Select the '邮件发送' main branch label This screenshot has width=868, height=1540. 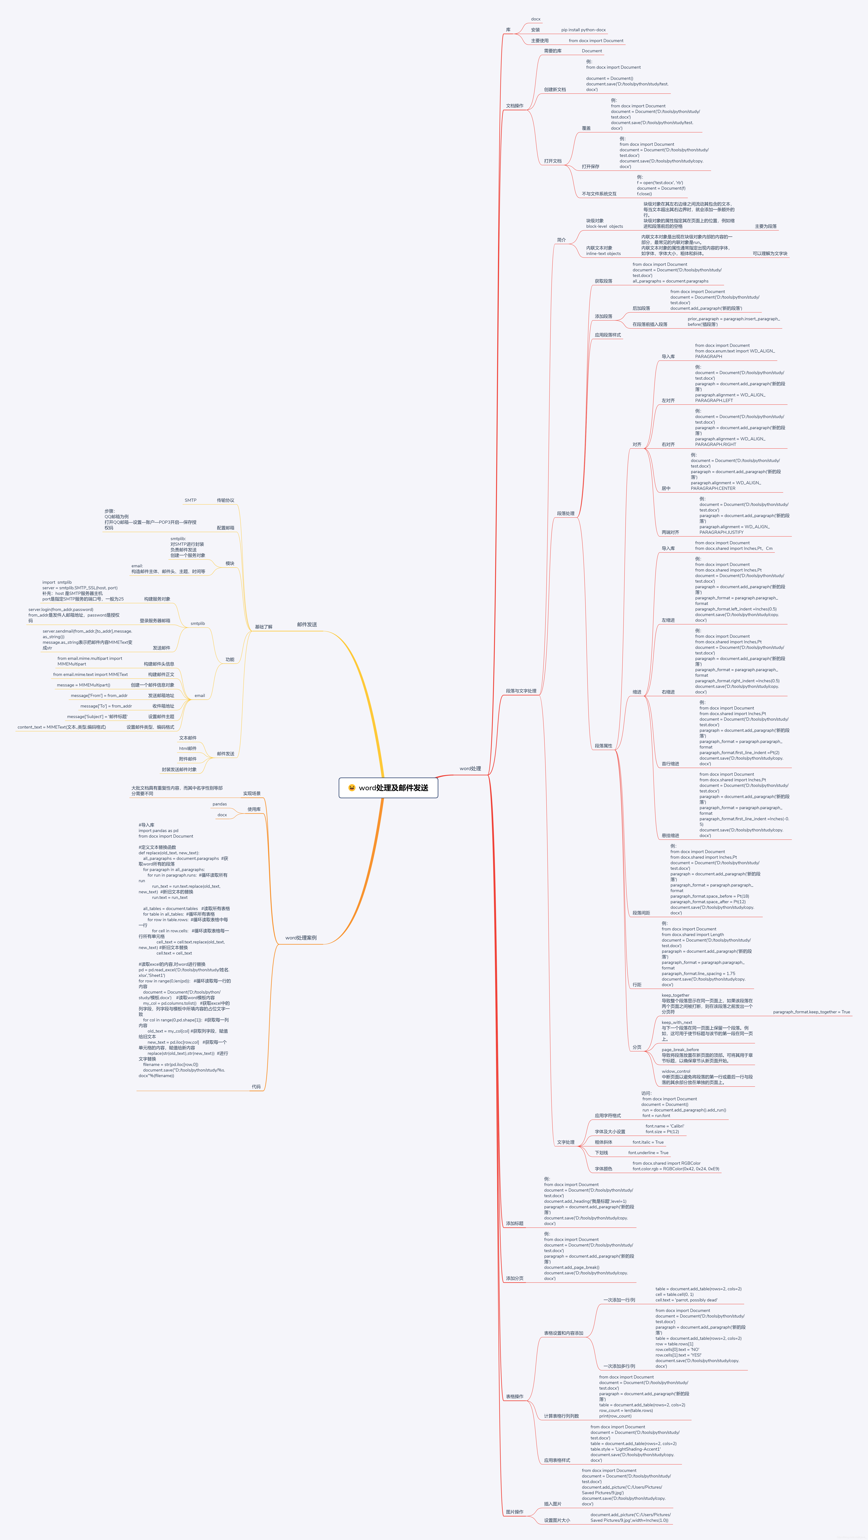click(x=307, y=625)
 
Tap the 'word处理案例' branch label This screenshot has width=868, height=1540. click(x=301, y=938)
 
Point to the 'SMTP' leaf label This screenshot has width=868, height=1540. click(x=190, y=500)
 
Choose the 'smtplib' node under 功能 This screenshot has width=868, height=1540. click(x=197, y=623)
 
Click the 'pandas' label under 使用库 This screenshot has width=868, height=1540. click(x=219, y=804)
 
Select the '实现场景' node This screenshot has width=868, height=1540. click(x=252, y=794)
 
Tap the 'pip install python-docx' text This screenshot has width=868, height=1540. click(x=583, y=30)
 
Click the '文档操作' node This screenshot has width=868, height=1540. click(x=514, y=106)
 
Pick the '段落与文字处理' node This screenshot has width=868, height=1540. click(x=521, y=691)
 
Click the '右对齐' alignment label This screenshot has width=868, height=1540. click(x=668, y=445)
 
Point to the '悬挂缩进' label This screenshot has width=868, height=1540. click(x=670, y=836)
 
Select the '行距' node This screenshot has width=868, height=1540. click(x=637, y=985)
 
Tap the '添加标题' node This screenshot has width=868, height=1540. click(x=514, y=1224)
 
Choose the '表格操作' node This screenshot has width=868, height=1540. click(x=514, y=1397)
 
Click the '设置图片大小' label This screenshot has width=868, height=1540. click(x=557, y=1520)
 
